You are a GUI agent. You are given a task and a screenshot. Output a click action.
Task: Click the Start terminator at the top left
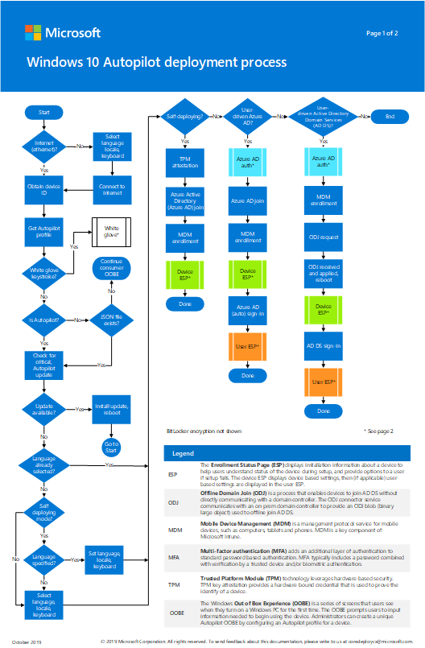[44, 111]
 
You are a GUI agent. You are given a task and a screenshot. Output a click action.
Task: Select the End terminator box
[390, 117]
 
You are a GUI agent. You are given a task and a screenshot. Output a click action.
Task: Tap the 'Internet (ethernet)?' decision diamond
[44, 146]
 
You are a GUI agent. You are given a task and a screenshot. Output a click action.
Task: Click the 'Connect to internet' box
[113, 190]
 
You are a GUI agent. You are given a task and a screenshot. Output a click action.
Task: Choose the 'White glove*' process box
[113, 232]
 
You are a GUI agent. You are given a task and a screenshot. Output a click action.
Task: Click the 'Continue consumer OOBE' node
[113, 267]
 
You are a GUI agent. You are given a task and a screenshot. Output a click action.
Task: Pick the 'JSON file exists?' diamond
[113, 319]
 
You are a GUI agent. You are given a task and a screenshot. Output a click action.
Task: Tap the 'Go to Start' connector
[113, 448]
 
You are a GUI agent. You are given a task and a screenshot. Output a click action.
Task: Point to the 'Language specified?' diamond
[44, 558]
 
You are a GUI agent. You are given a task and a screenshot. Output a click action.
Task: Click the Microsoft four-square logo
[33, 33]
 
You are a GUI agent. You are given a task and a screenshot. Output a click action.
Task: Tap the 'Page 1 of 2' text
[382, 34]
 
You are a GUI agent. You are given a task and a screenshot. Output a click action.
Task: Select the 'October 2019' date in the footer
[27, 641]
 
